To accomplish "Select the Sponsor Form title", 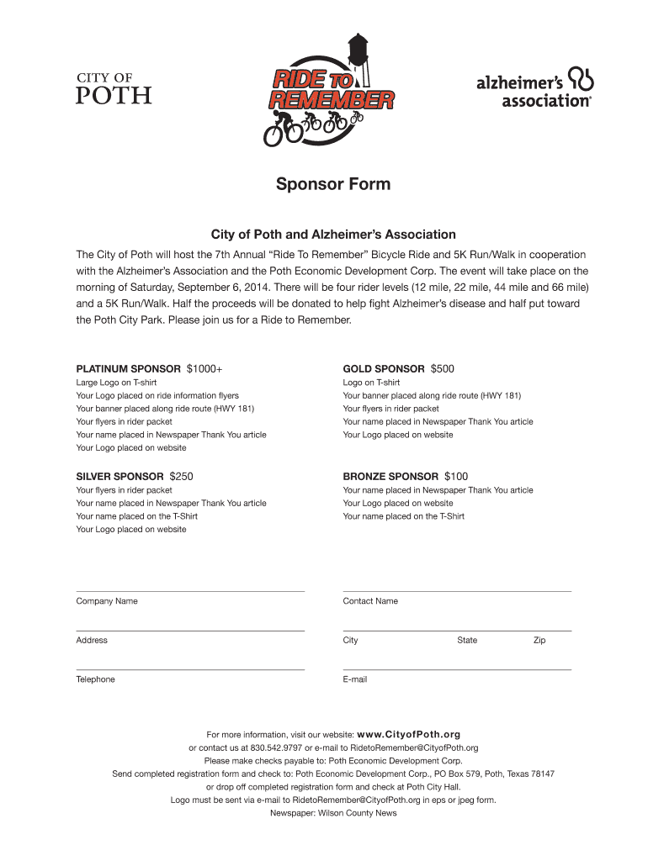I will coord(333,183).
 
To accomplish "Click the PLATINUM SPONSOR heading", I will coord(128,369).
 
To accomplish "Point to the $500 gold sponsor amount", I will coord(443,369).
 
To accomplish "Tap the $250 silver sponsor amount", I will coord(181,477).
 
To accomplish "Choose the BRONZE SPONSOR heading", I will coord(390,477).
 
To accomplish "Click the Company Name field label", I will coord(107,601).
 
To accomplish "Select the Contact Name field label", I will coord(370,601).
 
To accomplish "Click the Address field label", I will coord(92,640).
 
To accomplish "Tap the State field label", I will coord(467,640).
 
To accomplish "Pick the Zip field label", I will coord(539,640).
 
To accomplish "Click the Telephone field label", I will coord(95,679).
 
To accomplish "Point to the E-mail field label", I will coord(355,679).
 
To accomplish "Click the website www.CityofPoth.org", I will coord(409,734).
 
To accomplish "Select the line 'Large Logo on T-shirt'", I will coord(116,383).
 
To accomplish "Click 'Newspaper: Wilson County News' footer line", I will coord(333,813).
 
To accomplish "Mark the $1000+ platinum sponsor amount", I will coord(204,369).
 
